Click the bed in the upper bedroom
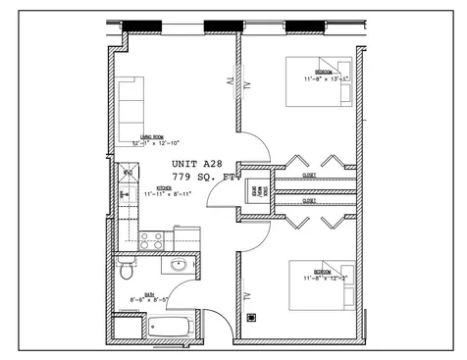tap(319, 80)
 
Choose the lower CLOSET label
tap(308, 200)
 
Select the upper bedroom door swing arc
tap(249, 154)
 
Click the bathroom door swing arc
tap(212, 320)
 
